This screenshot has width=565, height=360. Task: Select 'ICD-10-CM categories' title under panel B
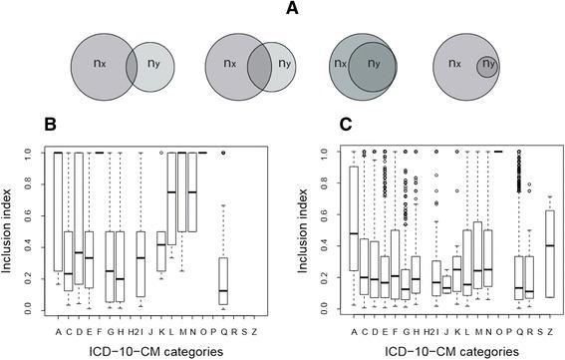[154, 350]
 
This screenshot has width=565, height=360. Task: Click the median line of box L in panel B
[170, 192]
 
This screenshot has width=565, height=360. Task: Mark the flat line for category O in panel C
[498, 153]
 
